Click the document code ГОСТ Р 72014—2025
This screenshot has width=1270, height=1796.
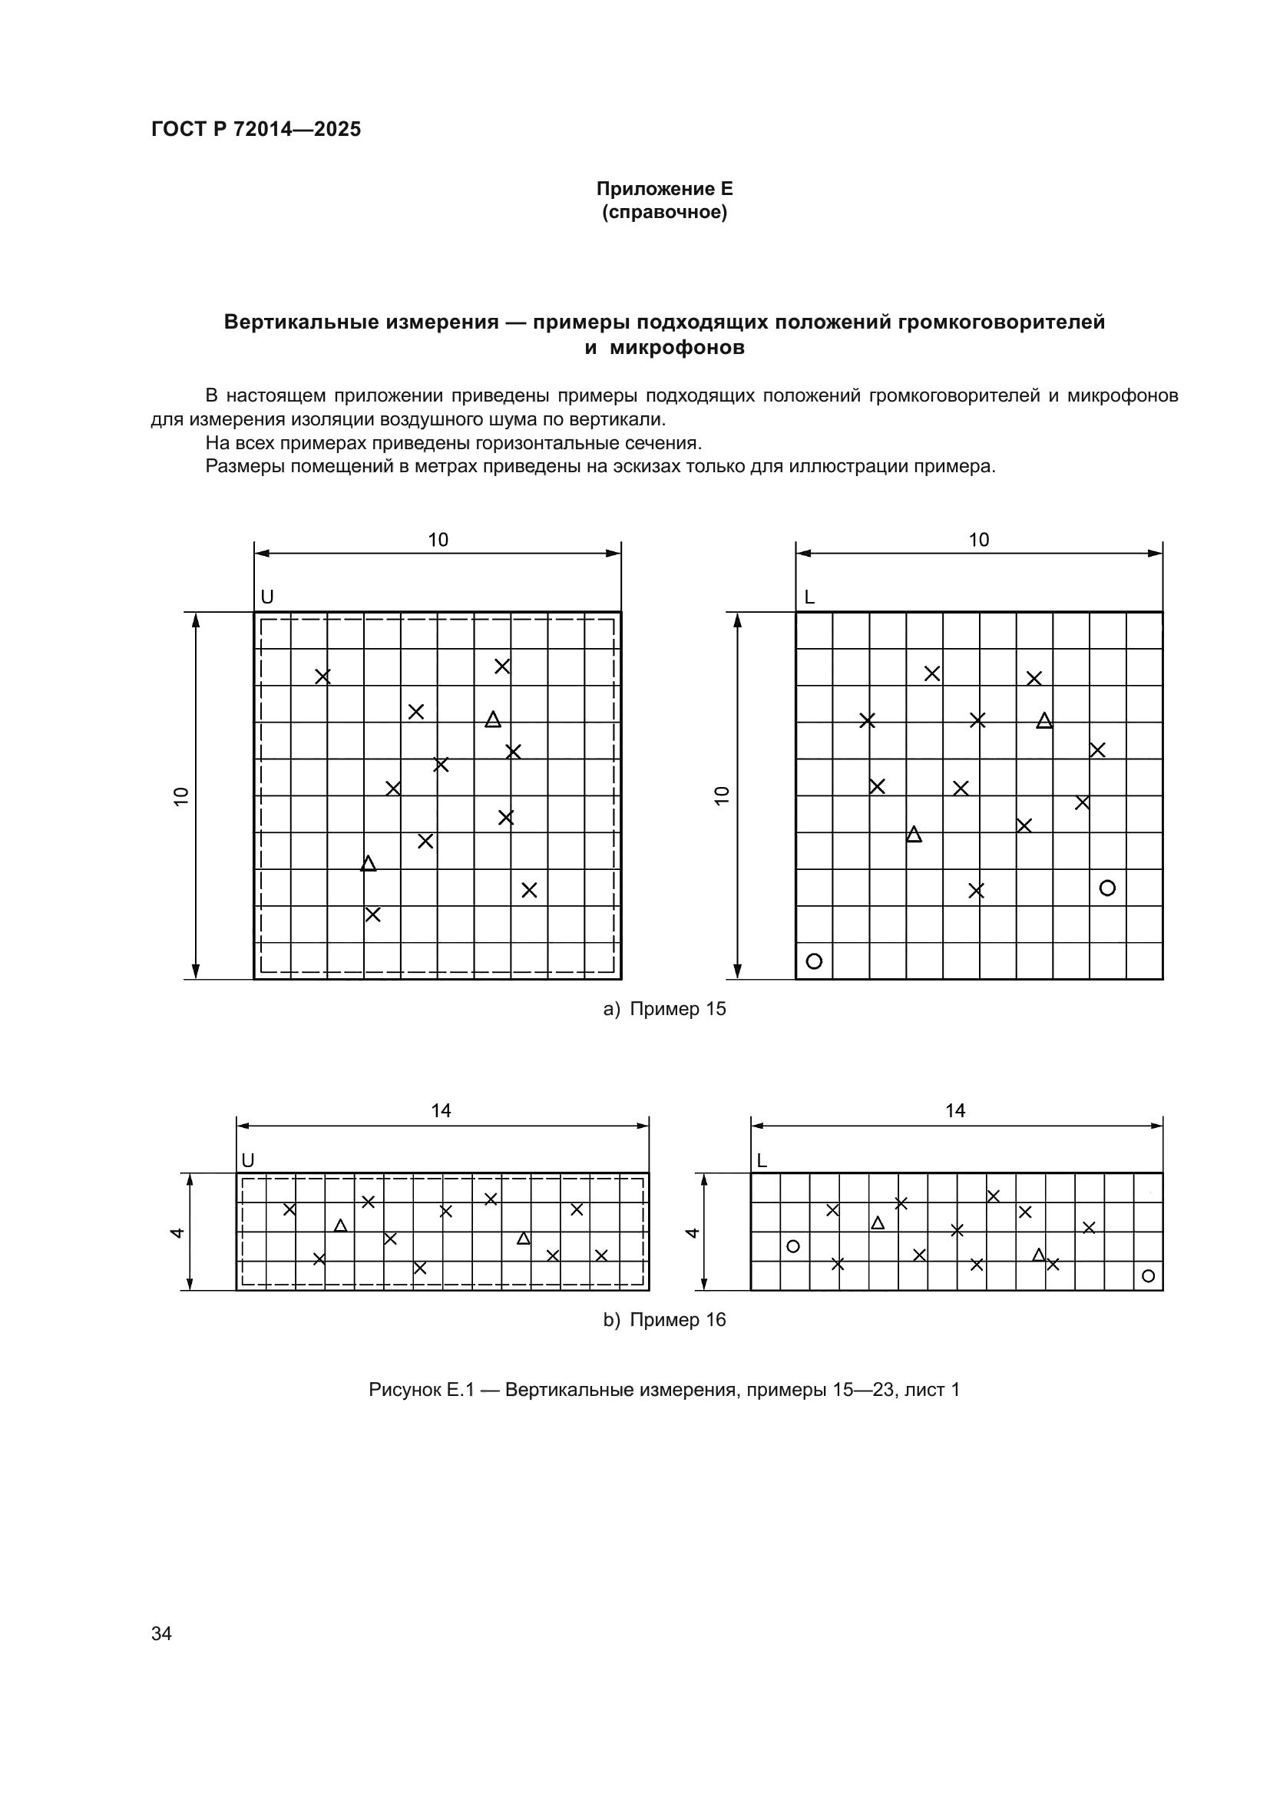coord(256,129)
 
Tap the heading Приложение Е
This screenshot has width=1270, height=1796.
coord(664,189)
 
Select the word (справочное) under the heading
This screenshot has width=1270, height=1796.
coord(664,212)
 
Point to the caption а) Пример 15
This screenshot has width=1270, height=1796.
coord(664,1009)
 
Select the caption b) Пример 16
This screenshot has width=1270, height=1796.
coord(664,1320)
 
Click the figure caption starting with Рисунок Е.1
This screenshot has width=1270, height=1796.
coord(664,1389)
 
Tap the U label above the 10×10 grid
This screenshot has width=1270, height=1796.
coord(266,597)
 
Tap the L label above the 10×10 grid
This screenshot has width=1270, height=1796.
coord(809,597)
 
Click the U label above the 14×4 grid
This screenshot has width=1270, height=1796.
coord(248,1161)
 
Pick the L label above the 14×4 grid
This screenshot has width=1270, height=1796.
coord(762,1161)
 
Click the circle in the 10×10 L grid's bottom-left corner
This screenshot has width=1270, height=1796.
coord(814,961)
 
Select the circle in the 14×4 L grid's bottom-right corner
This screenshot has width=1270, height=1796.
coord(1148,1276)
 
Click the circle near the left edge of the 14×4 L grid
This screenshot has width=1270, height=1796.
coord(793,1246)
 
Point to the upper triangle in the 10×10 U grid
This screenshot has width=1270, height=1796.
coord(493,719)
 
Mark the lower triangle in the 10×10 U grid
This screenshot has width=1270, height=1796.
coord(369,864)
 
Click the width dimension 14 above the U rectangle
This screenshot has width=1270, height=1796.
coord(441,1111)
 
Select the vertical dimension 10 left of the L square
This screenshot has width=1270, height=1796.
coord(722,795)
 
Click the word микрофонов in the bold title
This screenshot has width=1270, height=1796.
coord(676,347)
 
